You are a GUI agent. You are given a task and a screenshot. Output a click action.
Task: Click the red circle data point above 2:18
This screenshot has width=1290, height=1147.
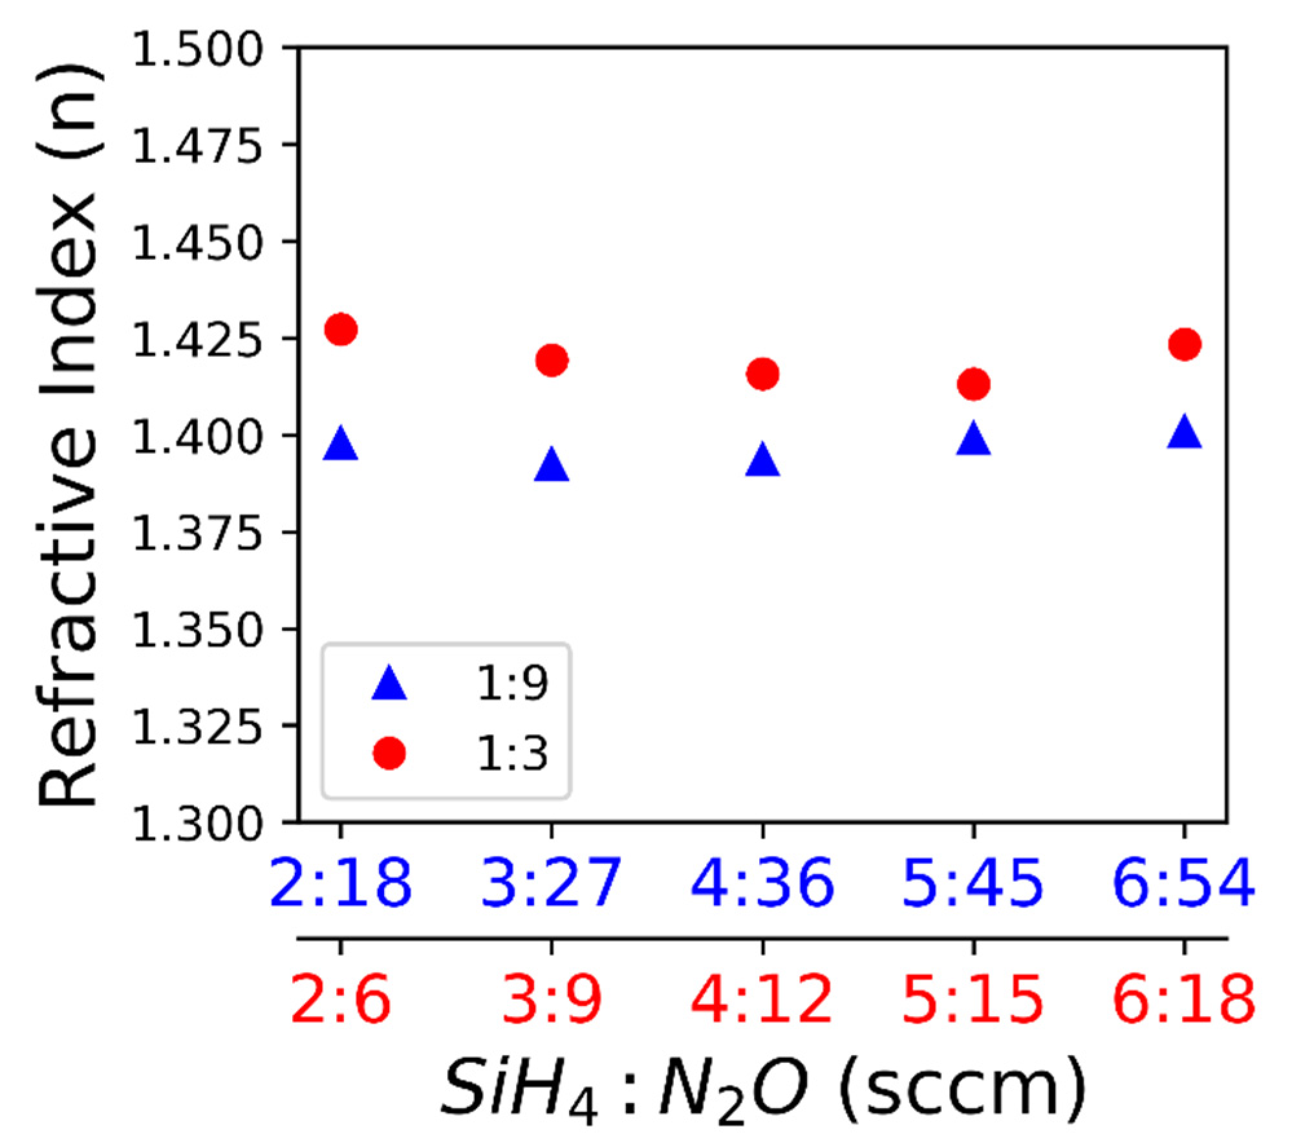pos(341,329)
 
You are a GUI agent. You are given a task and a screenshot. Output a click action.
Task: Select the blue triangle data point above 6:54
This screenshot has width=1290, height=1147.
pos(1185,433)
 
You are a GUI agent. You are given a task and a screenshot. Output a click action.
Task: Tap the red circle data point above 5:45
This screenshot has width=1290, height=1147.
pos(973,384)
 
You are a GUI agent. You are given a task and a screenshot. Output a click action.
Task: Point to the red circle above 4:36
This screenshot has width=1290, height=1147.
pos(762,374)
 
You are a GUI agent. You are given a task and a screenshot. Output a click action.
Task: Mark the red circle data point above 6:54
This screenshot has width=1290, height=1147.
pos(1185,343)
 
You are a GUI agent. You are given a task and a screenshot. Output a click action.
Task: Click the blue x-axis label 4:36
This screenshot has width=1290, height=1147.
pos(762,883)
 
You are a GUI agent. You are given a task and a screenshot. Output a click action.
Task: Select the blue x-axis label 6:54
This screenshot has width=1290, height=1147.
pos(1185,883)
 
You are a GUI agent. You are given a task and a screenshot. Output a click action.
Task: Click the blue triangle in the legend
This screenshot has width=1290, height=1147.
pos(389,685)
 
